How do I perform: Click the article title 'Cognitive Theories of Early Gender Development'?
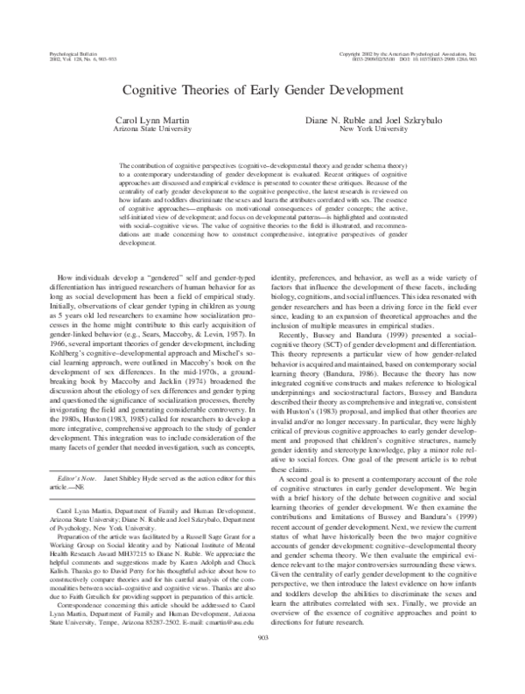pyautogui.click(x=262, y=89)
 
